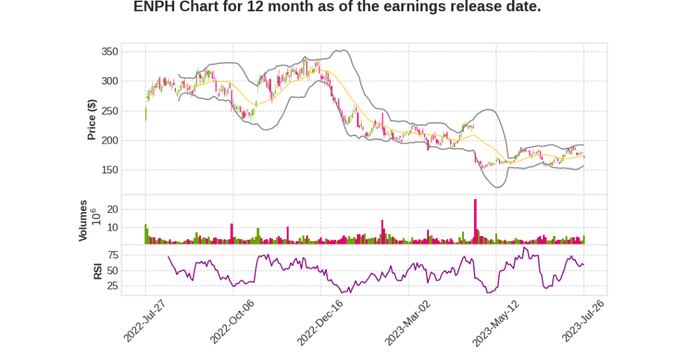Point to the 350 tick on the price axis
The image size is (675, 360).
point(109,51)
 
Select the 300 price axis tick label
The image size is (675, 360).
point(109,81)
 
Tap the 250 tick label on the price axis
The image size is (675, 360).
point(109,111)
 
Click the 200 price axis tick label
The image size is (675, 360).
point(109,140)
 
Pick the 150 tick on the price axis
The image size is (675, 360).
point(109,170)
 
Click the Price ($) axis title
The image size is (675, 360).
point(92,120)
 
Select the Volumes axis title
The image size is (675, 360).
point(83,220)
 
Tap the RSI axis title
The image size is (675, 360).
point(98,271)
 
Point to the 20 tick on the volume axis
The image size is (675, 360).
point(112,209)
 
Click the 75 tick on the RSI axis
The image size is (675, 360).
point(112,255)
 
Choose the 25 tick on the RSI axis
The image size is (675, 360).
point(112,286)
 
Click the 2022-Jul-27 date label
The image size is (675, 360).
point(145,321)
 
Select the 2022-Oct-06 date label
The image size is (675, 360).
point(232,321)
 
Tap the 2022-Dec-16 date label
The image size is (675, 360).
point(320,321)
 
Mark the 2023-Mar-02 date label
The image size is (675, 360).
point(408,321)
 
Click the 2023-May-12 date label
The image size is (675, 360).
point(496,321)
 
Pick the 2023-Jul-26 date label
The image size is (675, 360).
point(583,321)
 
